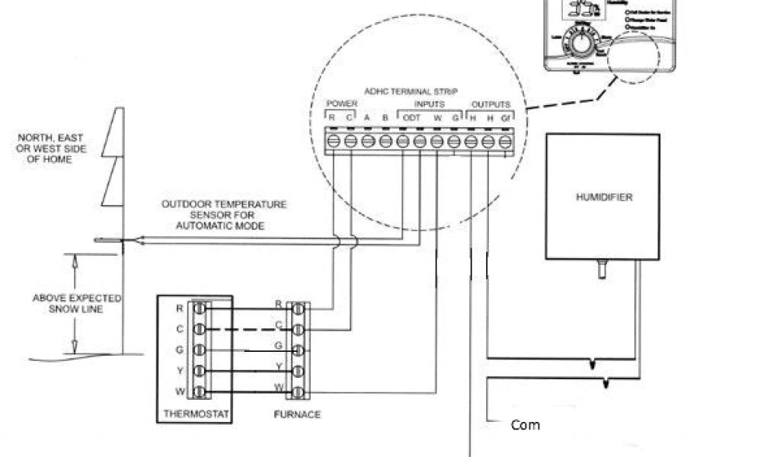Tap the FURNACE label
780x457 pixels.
297,414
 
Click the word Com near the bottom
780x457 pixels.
525,425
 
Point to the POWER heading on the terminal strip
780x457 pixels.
340,104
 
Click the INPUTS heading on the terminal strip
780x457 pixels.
430,104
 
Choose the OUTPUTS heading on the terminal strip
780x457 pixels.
491,104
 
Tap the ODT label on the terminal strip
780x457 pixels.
411,117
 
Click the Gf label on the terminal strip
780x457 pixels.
507,117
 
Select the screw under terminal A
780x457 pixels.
368,141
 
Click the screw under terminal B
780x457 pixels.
385,141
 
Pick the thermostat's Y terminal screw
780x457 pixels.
200,371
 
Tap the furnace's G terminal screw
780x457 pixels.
298,350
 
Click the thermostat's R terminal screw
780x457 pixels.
200,309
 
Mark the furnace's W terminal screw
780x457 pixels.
298,392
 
